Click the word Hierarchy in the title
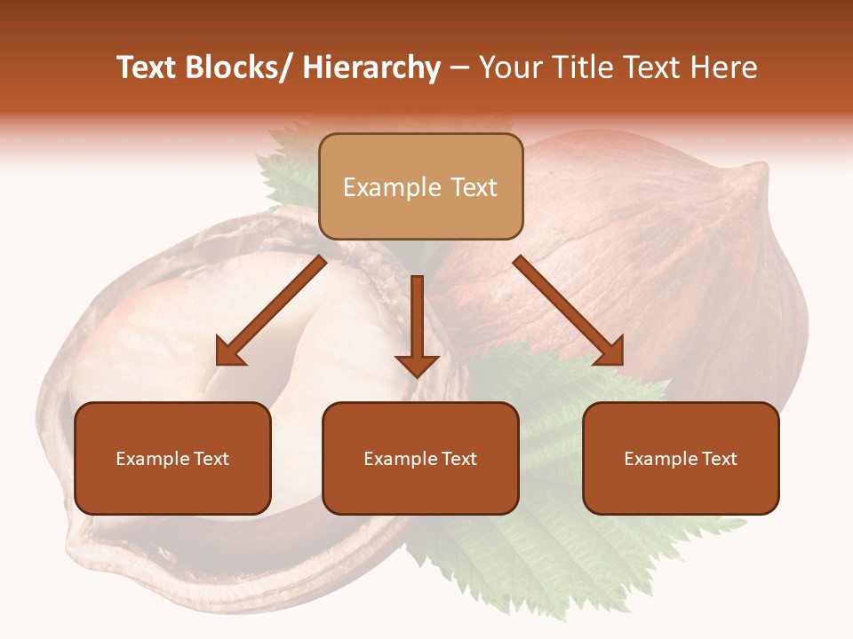(371, 67)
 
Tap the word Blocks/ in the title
(242, 67)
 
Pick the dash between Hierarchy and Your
(459, 69)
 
